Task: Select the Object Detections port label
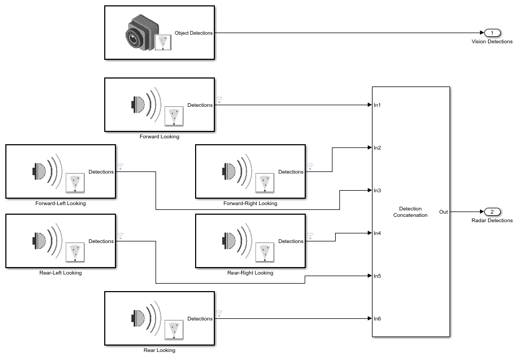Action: (x=193, y=33)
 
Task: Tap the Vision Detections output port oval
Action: (x=492, y=33)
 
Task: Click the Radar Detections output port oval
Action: (x=492, y=212)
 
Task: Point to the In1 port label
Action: (x=377, y=105)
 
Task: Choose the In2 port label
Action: (x=377, y=148)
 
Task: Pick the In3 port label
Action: (x=377, y=191)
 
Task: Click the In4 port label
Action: (x=377, y=233)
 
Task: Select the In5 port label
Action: (x=377, y=276)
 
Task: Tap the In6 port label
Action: (x=377, y=319)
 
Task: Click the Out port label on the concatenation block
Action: (x=444, y=212)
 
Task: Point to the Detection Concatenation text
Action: (x=410, y=212)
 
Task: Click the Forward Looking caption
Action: (x=159, y=137)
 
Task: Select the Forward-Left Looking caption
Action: (x=60, y=204)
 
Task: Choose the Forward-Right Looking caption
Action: (x=250, y=204)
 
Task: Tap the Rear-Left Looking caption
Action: (x=60, y=273)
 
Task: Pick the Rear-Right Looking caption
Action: (x=250, y=273)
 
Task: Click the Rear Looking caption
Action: (x=159, y=350)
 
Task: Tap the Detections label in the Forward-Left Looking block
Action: (x=101, y=172)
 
